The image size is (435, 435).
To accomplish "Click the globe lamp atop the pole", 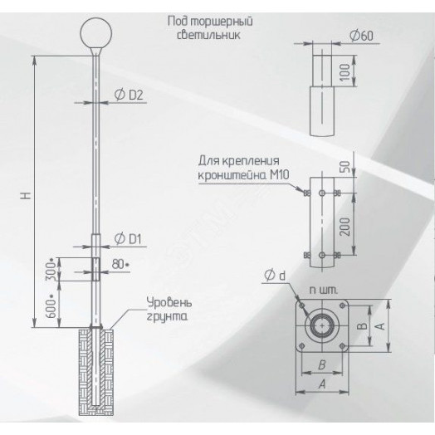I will (96, 35).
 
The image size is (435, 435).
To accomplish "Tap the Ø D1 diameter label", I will (130, 239).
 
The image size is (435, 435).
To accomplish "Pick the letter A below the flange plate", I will (319, 384).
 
